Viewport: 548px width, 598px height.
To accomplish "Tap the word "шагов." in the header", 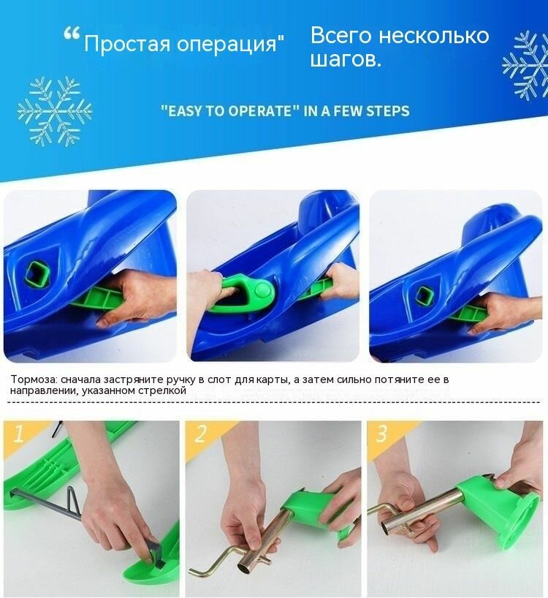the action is pos(346,59).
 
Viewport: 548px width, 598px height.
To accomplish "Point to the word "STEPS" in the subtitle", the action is pos(387,110).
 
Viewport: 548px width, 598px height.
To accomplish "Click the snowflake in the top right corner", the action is pos(527,65).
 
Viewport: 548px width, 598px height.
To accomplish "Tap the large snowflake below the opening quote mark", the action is pos(55,111).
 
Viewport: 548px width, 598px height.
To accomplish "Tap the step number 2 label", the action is pos(200,433).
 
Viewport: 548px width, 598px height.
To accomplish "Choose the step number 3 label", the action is pos(381,433).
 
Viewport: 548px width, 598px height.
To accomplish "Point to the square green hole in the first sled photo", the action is pos(37,274).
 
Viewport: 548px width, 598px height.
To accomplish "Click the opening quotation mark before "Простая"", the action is pos(72,34).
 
